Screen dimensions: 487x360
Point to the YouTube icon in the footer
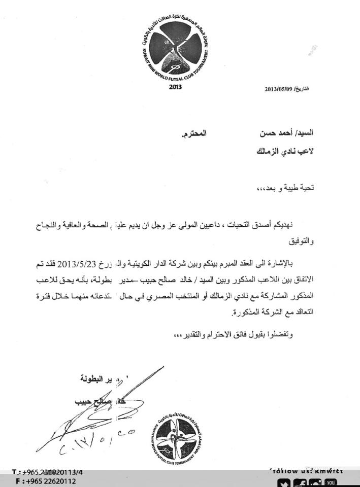(x=331, y=482)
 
